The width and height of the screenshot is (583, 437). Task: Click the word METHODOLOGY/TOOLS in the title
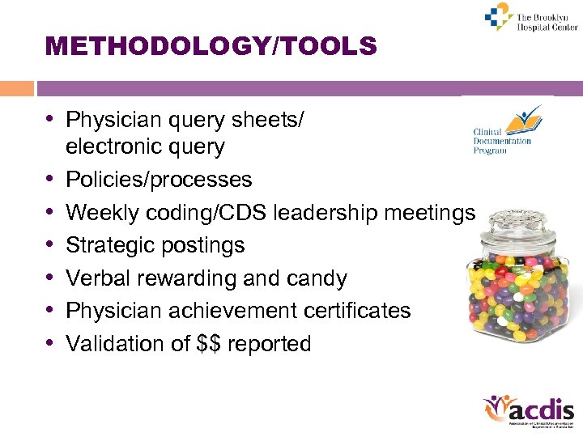point(211,47)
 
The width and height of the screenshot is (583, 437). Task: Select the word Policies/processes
point(159,180)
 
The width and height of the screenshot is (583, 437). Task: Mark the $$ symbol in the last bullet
point(208,344)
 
